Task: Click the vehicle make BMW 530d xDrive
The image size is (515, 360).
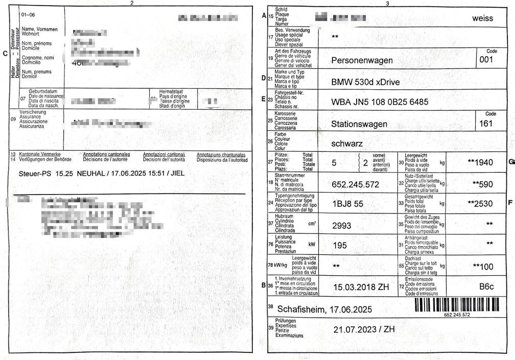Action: pyautogui.click(x=365, y=82)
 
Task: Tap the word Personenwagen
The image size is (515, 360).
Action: pyautogui.click(x=362, y=61)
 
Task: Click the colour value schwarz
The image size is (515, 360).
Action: pyautogui.click(x=347, y=143)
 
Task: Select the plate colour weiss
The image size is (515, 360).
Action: pyautogui.click(x=483, y=18)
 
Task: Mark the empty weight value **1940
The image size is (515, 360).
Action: pyautogui.click(x=480, y=162)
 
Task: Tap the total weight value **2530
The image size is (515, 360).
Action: pyautogui.click(x=480, y=203)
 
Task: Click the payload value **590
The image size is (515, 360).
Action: pyautogui.click(x=482, y=183)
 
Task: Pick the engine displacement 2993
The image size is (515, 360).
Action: pyautogui.click(x=342, y=225)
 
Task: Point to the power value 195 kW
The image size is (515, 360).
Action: pyautogui.click(x=340, y=246)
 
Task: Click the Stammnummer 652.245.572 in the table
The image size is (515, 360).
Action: pyautogui.click(x=356, y=184)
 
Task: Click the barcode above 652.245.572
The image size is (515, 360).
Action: pyautogui.click(x=457, y=304)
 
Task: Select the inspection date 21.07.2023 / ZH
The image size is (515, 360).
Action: pyautogui.click(x=364, y=329)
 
